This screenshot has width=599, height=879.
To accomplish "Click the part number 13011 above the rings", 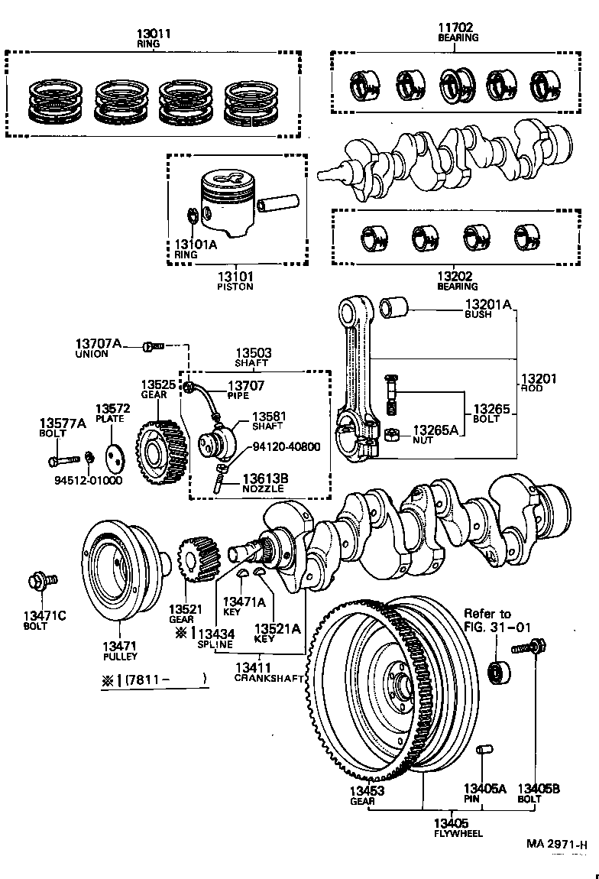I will [x=154, y=34].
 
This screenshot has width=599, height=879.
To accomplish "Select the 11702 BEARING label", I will [x=458, y=31].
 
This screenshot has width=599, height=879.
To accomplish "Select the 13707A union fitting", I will [x=153, y=347].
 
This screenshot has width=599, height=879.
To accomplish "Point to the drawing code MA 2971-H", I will [x=556, y=844].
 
